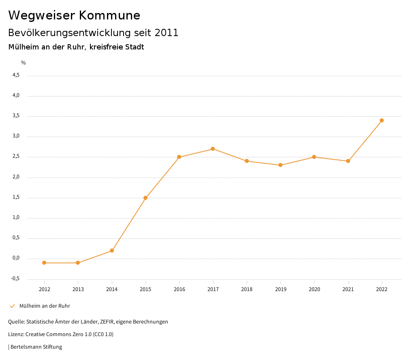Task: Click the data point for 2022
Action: tap(382, 120)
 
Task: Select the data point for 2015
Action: tap(145, 198)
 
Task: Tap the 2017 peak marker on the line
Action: tap(213, 149)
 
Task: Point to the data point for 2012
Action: tap(44, 263)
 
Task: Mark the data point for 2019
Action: tap(280, 165)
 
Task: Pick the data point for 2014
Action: tap(112, 251)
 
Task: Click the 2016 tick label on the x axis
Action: tap(179, 289)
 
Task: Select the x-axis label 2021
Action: tap(348, 289)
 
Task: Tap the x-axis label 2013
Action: tap(78, 289)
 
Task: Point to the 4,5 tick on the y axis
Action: tap(16, 75)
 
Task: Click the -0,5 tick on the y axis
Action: tap(15, 279)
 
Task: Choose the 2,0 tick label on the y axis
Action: tap(16, 177)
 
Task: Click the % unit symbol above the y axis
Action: tap(24, 62)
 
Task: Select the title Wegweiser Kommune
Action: tap(74, 15)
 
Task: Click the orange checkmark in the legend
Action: tap(12, 306)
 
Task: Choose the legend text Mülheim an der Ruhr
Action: tap(45, 306)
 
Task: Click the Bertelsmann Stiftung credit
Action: tap(36, 347)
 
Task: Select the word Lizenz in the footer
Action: tap(16, 334)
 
